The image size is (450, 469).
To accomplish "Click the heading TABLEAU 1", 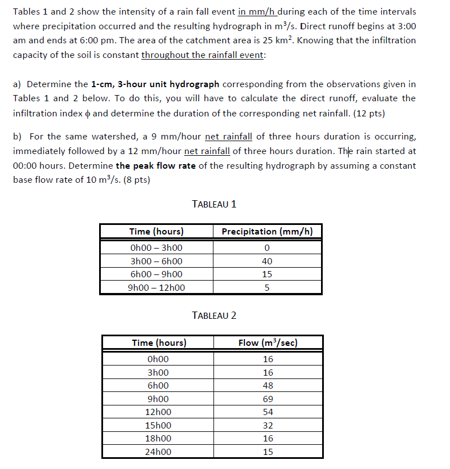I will [214, 204].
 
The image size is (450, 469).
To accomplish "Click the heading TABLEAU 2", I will [214, 315].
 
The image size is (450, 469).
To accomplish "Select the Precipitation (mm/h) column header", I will [267, 232].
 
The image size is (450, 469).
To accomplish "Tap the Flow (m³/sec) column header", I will [268, 342].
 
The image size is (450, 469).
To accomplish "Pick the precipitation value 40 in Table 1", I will [267, 261].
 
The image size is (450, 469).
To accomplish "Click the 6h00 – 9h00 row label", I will [156, 274].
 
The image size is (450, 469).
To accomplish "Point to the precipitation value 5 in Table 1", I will [267, 288].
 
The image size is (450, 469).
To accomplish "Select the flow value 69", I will [268, 399].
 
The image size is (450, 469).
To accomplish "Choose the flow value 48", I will [268, 386].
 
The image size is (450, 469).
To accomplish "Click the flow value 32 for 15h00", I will [268, 425].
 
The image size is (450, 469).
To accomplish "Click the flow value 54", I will [268, 412].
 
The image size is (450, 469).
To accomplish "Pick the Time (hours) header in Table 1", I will [156, 232].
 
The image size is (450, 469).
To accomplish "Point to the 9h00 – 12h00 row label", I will [156, 288].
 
